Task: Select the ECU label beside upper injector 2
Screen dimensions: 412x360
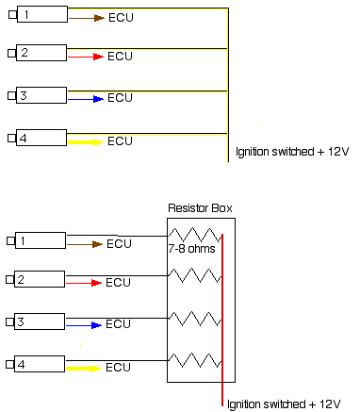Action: pyautogui.click(x=120, y=58)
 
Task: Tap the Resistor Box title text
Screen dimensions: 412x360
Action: pyautogui.click(x=200, y=208)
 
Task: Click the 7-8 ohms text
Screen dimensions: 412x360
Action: pyautogui.click(x=191, y=249)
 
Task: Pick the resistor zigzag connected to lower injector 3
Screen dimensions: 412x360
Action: pyautogui.click(x=194, y=318)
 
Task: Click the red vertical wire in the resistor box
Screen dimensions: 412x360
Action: pyautogui.click(x=222, y=321)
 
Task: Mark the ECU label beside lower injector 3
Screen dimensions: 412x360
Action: pyautogui.click(x=118, y=324)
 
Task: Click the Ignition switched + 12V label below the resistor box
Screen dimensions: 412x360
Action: pyautogui.click(x=284, y=404)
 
